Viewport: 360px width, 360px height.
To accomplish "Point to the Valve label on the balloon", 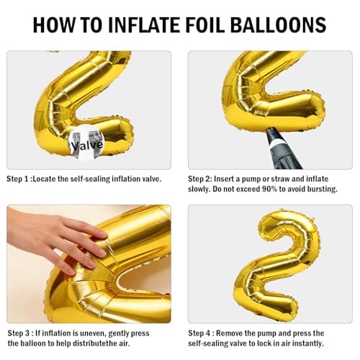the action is click(87, 145).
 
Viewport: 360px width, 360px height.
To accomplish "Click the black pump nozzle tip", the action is click(272, 132).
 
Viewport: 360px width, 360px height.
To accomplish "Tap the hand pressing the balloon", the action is click(58, 243).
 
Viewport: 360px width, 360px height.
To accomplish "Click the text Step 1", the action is click(17, 179).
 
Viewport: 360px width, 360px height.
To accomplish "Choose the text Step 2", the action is click(199, 179).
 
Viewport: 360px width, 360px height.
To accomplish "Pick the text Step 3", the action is click(19, 333).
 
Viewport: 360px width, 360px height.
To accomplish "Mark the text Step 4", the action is click(199, 333).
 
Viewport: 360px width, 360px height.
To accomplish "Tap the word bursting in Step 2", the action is click(323, 189).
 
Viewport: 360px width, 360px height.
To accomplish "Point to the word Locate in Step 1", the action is click(45, 179).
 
